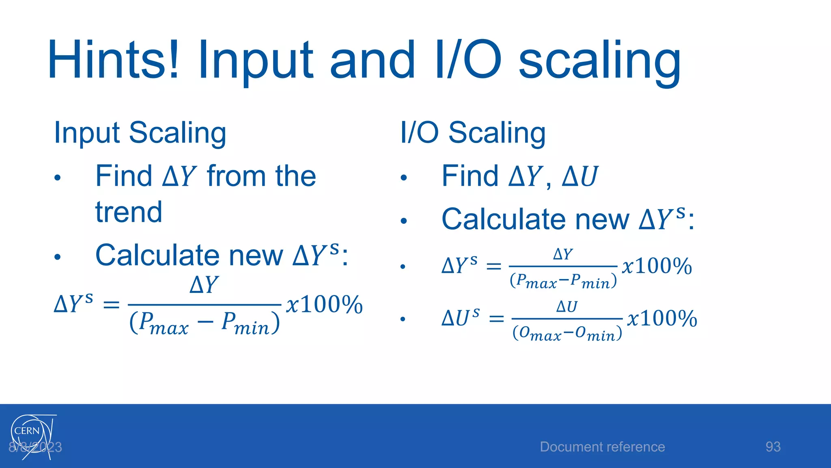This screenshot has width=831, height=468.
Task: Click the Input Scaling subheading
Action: [140, 133]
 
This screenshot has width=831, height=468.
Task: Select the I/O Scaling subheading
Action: [473, 133]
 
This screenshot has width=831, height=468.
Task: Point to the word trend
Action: [129, 212]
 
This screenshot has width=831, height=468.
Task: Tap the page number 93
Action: [773, 447]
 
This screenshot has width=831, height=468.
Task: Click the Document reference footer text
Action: [602, 447]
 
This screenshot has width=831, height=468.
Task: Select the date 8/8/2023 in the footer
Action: [35, 447]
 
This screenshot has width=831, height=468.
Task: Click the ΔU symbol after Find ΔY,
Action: [580, 177]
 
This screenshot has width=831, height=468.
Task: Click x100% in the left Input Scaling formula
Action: [324, 304]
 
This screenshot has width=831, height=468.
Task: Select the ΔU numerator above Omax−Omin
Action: [566, 306]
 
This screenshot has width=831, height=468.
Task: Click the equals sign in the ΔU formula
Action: [496, 319]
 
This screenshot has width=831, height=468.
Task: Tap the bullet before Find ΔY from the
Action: [58, 178]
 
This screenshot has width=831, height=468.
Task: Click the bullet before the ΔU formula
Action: [403, 319]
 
